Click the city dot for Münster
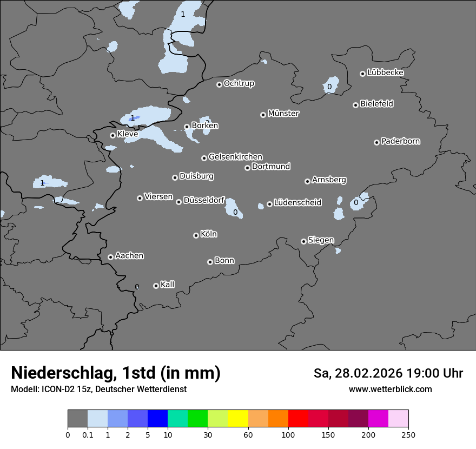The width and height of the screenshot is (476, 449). (x=263, y=115)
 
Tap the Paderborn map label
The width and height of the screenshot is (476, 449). (x=401, y=141)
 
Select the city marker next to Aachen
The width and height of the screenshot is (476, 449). (x=110, y=257)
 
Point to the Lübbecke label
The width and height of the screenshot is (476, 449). (x=385, y=72)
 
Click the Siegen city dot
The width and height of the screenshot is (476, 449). (x=303, y=241)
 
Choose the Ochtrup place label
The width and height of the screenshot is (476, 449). (x=239, y=83)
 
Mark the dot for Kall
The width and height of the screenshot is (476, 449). (x=156, y=286)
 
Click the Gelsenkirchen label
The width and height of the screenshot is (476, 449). (x=235, y=157)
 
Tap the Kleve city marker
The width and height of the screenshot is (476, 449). (x=113, y=135)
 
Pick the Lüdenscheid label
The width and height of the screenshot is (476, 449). (x=297, y=203)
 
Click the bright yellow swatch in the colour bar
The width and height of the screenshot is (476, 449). (x=238, y=419)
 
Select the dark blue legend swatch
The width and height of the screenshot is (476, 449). (x=157, y=419)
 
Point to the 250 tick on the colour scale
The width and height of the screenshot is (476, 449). (x=408, y=434)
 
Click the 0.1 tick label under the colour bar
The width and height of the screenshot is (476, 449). (x=88, y=434)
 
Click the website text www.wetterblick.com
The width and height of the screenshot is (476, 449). (x=390, y=389)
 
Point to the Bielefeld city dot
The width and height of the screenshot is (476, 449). (x=355, y=105)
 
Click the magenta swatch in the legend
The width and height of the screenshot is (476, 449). (x=378, y=419)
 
